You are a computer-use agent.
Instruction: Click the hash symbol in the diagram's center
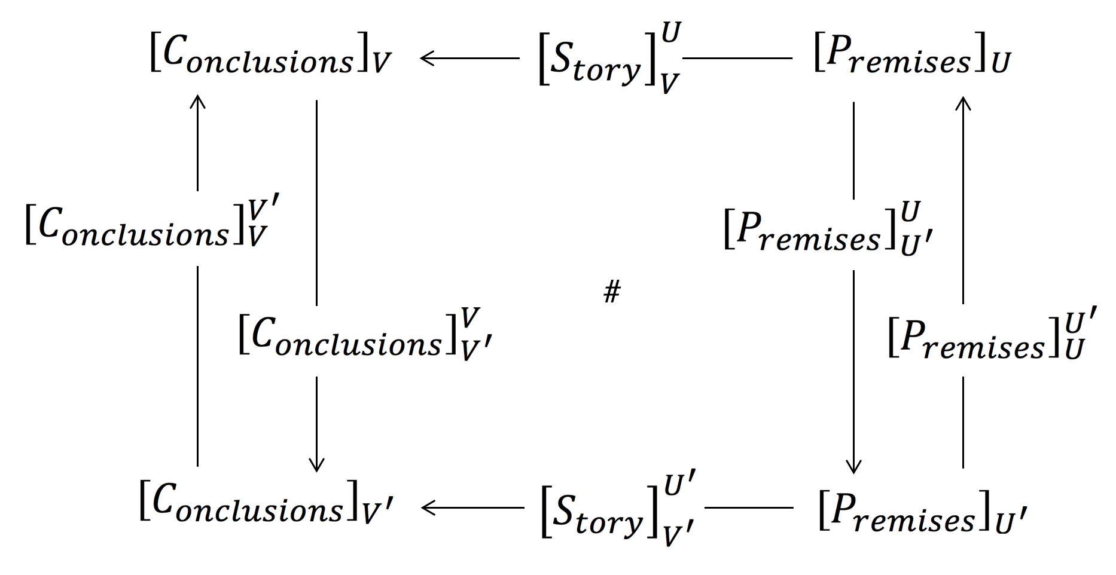pyautogui.click(x=612, y=293)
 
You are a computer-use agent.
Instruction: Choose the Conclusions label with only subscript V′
pyautogui.click(x=266, y=509)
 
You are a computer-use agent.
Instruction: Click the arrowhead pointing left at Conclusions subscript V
pyautogui.click(x=426, y=59)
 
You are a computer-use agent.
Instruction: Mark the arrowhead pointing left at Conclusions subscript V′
pyautogui.click(x=427, y=508)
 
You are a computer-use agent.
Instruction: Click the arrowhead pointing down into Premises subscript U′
pyautogui.click(x=853, y=467)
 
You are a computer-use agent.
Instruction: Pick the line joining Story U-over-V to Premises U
pyautogui.click(x=737, y=59)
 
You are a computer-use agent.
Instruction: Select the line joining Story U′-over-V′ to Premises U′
pyautogui.click(x=749, y=508)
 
